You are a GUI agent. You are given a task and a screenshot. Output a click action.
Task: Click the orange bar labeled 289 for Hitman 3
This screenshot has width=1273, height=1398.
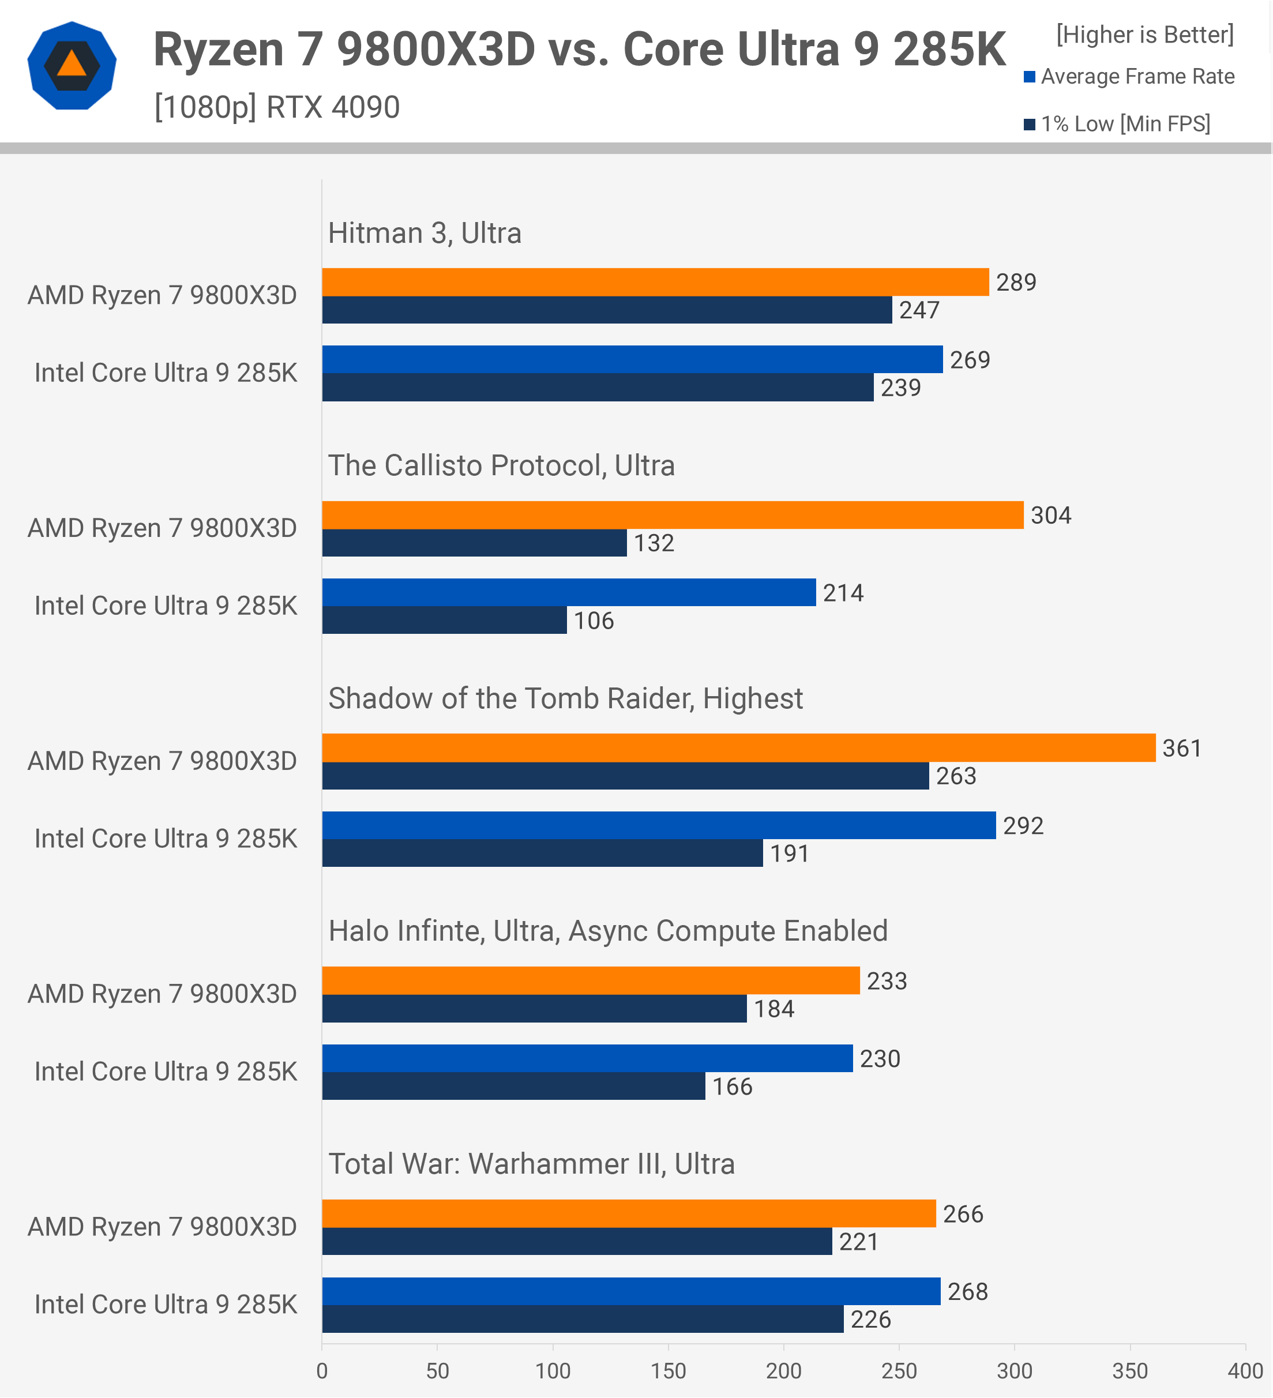click(x=655, y=282)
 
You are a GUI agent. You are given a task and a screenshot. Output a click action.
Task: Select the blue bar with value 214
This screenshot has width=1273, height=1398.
click(x=569, y=592)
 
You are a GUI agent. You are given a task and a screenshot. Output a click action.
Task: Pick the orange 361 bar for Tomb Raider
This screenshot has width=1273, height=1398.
click(x=738, y=747)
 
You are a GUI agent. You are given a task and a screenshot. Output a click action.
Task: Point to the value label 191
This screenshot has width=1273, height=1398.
click(x=790, y=853)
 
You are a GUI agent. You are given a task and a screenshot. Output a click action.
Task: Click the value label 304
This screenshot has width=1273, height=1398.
click(x=1050, y=515)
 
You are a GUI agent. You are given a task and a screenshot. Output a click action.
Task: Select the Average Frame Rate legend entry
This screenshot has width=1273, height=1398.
click(x=1129, y=76)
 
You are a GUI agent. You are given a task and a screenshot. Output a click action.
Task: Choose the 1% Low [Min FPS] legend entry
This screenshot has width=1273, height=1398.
click(x=1118, y=124)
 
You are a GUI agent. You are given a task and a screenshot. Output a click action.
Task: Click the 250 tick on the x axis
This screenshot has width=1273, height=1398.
click(x=899, y=1370)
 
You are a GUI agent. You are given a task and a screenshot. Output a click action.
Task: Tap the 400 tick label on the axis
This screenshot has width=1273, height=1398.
click(x=1245, y=1370)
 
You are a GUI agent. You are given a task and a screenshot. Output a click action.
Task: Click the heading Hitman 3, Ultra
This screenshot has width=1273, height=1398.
click(x=425, y=233)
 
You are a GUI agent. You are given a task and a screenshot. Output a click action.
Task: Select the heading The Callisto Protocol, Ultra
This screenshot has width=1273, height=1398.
click(x=501, y=465)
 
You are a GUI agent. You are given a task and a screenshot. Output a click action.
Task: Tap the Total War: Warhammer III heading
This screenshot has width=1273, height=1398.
click(x=531, y=1164)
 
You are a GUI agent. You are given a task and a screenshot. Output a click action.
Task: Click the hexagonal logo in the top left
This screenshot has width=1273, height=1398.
click(x=72, y=66)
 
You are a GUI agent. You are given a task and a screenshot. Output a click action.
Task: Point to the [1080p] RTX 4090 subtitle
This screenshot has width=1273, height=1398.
click(x=277, y=107)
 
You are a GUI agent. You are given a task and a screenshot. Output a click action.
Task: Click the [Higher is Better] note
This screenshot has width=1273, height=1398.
click(x=1145, y=35)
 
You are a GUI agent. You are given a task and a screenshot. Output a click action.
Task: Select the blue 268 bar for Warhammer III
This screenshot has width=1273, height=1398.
click(x=631, y=1291)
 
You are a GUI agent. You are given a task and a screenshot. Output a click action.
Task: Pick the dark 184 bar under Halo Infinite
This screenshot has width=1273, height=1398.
click(x=534, y=1008)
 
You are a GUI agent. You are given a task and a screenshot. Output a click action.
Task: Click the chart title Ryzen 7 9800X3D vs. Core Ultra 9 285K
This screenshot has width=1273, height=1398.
click(x=579, y=50)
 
